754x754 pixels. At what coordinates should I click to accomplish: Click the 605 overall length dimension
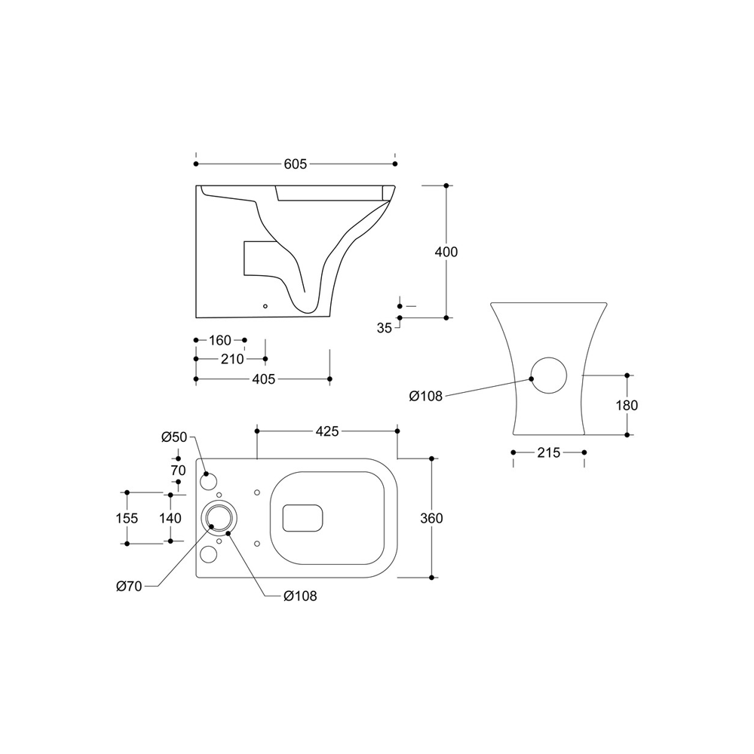coord(296,164)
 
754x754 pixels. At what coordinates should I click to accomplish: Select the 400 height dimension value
coord(446,252)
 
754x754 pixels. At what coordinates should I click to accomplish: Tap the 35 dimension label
coord(385,328)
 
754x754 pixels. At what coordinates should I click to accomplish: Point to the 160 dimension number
coord(219,341)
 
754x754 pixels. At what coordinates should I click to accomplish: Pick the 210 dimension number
coord(232,359)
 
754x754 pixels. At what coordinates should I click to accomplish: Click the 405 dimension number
coord(264,379)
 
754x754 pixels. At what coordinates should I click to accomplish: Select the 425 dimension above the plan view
coord(327,431)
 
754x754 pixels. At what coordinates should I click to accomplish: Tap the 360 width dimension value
coord(431,519)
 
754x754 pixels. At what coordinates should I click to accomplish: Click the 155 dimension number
coord(127,519)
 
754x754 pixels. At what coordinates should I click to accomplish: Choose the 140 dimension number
coord(170,519)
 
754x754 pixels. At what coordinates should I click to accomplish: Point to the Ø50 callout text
coord(174,437)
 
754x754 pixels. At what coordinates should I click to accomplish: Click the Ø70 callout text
coord(129,587)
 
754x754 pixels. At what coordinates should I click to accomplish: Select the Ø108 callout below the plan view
coord(300,596)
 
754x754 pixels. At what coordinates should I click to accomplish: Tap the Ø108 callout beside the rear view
coord(425,397)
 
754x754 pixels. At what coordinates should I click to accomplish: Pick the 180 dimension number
coord(627,406)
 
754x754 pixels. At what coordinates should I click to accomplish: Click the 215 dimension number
coord(549,453)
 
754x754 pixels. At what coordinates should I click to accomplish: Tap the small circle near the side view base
coord(265,306)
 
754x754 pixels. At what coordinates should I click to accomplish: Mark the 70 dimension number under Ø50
coord(179,470)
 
